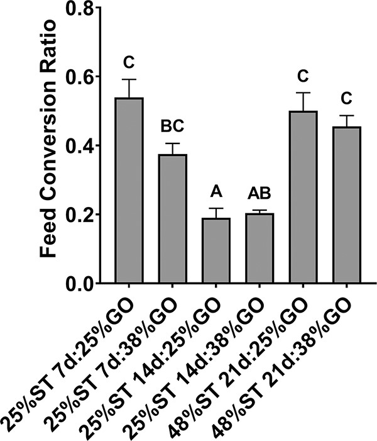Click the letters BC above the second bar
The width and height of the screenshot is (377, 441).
click(x=172, y=127)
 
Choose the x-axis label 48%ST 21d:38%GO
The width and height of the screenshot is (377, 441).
click(x=295, y=359)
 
